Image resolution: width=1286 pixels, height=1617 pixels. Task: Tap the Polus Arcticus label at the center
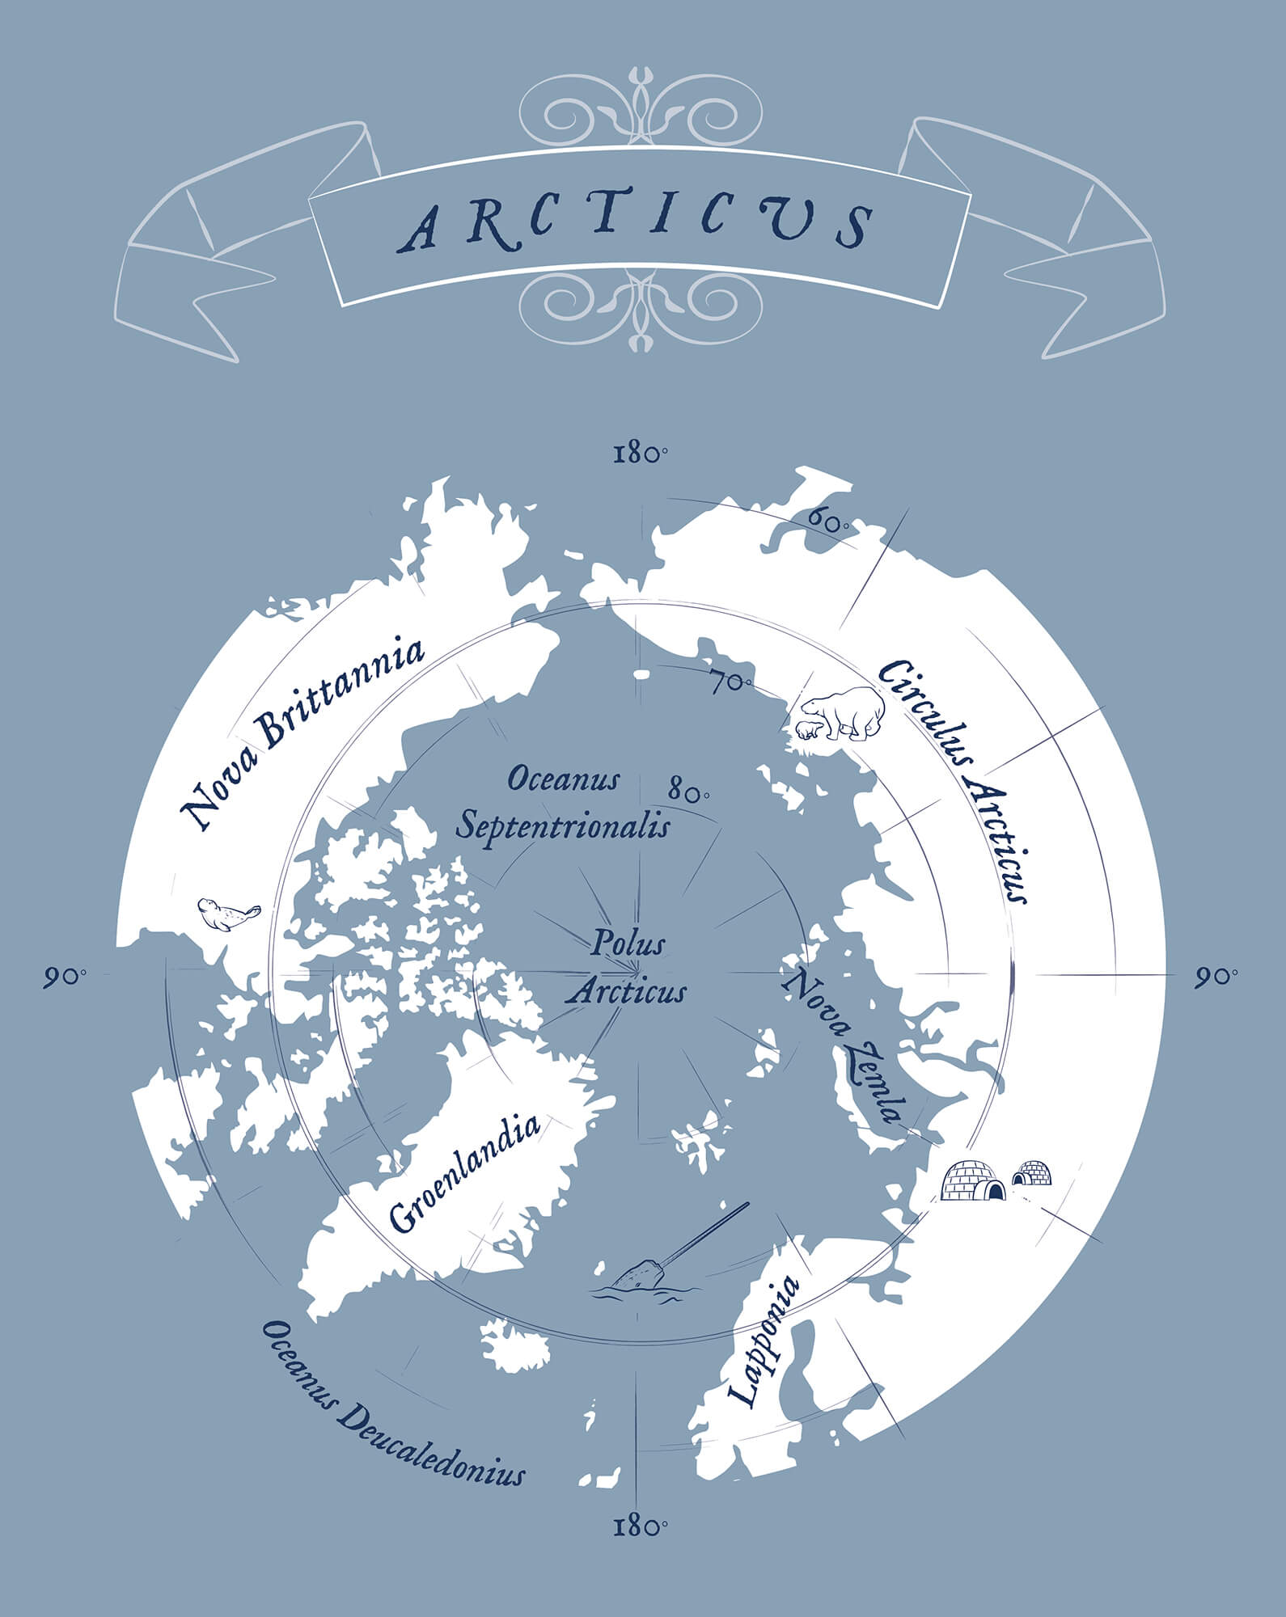click(x=627, y=967)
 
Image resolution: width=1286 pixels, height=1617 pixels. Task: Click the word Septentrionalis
click(x=563, y=826)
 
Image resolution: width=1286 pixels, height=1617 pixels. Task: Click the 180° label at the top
click(x=640, y=454)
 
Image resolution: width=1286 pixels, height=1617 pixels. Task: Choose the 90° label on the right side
click(x=1216, y=976)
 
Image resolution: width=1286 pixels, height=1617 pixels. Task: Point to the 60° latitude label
click(x=827, y=521)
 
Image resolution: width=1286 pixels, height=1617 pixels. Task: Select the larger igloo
click(x=973, y=1181)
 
